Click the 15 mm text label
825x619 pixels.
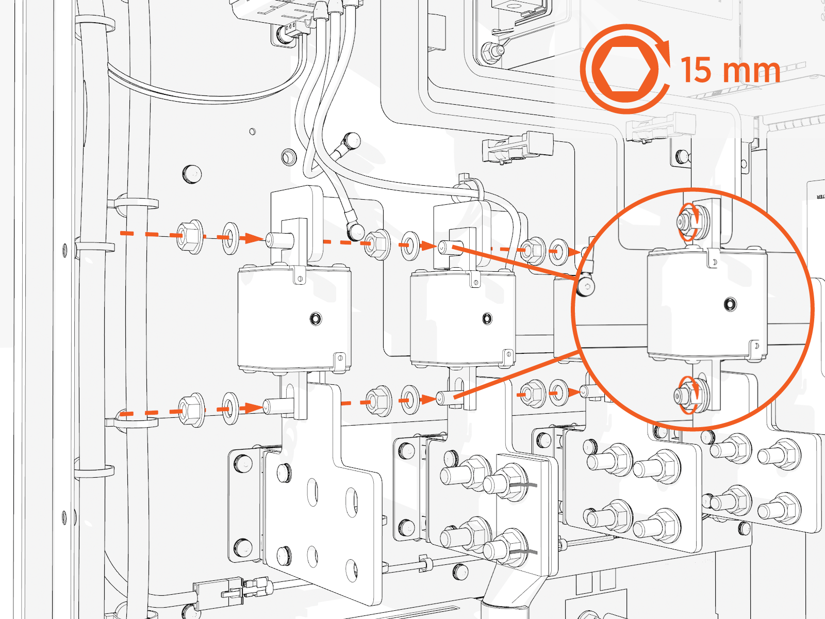click(x=730, y=70)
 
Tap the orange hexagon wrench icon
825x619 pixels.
click(x=624, y=69)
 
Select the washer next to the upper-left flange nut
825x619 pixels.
click(x=230, y=238)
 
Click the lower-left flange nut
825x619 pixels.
click(x=190, y=410)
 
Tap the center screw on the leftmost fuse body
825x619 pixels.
click(x=316, y=318)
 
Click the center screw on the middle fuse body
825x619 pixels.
click(x=487, y=318)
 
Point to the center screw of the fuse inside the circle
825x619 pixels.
click(x=730, y=304)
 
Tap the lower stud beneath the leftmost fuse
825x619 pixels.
click(x=278, y=406)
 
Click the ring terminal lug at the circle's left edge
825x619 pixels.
click(x=585, y=286)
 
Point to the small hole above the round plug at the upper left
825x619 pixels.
click(x=252, y=132)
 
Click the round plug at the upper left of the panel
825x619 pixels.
click(x=192, y=174)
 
